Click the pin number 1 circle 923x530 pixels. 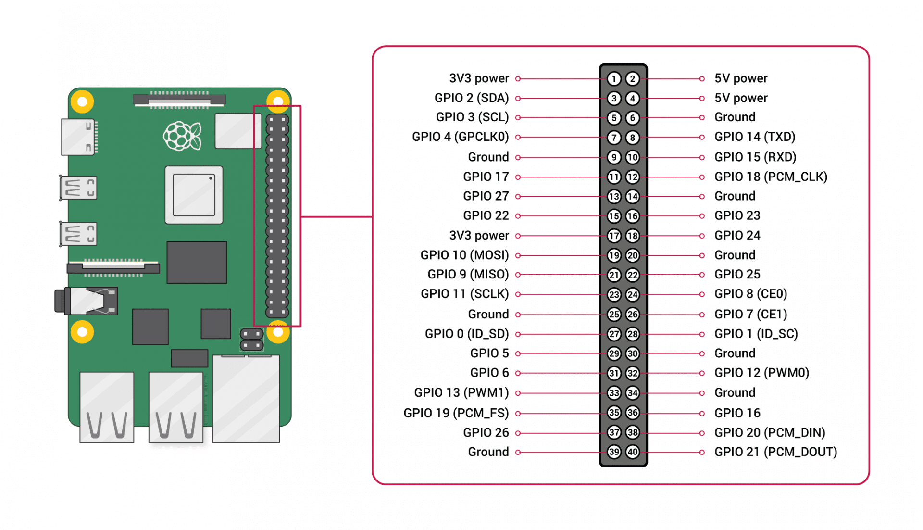click(x=614, y=78)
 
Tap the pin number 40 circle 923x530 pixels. click(x=633, y=452)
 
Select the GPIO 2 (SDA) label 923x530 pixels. click(x=471, y=98)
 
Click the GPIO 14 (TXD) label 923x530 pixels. click(x=754, y=137)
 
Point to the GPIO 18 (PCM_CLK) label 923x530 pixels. click(x=770, y=177)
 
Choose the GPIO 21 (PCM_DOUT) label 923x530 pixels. click(x=775, y=452)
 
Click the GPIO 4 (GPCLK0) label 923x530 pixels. click(x=460, y=137)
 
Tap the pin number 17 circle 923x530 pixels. click(x=614, y=236)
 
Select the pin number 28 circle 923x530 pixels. click(x=633, y=334)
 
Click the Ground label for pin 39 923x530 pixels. click(x=488, y=452)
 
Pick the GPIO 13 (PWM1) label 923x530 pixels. click(x=461, y=392)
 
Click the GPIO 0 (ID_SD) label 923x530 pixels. click(x=466, y=334)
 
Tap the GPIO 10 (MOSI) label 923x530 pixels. click(x=464, y=255)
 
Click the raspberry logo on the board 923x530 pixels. click(x=182, y=136)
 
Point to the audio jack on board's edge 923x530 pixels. click(x=87, y=301)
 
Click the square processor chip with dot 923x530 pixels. click(x=194, y=195)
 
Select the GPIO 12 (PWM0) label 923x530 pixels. click(x=761, y=373)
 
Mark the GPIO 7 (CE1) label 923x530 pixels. click(x=750, y=314)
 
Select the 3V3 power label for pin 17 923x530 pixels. click(x=479, y=236)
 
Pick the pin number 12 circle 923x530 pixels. click(x=633, y=177)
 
